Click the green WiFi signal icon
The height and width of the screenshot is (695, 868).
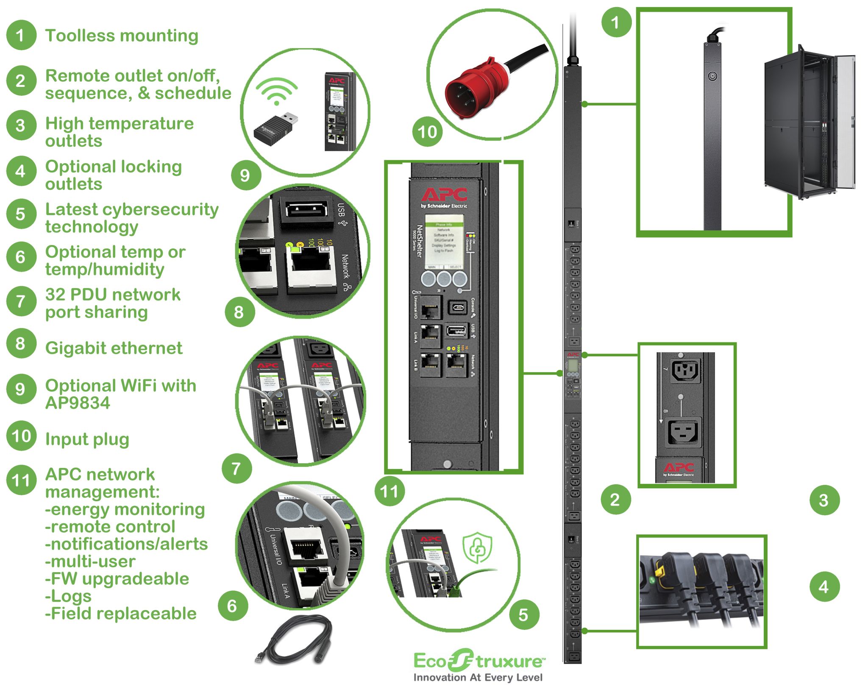tap(276, 92)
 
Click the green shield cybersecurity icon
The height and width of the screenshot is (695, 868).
tap(477, 548)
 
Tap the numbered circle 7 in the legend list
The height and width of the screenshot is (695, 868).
tap(20, 302)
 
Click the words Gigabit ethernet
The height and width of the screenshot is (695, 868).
tap(114, 348)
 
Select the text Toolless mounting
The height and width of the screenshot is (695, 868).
tap(122, 36)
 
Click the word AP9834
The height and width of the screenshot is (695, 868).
tap(78, 403)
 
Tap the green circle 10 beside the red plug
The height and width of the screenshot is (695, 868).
tap(427, 132)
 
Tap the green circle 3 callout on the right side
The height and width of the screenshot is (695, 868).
tap(824, 500)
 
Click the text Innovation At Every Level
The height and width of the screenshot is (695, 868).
tap(478, 678)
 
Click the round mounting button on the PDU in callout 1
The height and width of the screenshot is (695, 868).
tap(712, 76)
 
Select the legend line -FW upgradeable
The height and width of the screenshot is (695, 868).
tap(117, 579)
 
